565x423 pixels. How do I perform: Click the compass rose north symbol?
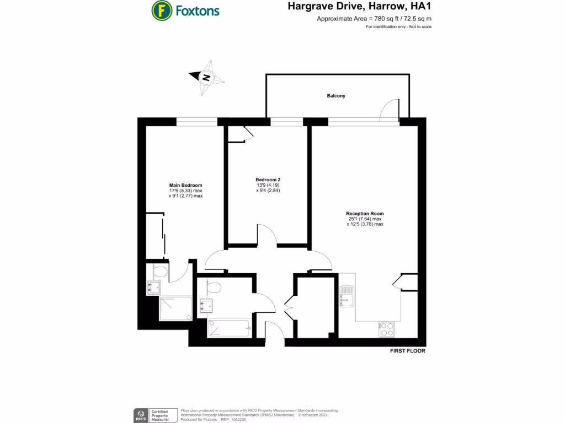206,78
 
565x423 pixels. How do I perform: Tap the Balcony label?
336,96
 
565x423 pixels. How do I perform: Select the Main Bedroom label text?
185,186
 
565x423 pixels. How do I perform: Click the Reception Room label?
365,214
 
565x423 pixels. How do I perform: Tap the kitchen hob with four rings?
387,329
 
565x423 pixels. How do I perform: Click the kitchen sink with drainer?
347,296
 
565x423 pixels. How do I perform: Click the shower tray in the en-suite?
176,308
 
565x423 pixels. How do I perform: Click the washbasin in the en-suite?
153,286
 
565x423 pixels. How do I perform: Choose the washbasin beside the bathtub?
206,306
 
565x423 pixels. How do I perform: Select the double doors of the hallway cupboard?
289,307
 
